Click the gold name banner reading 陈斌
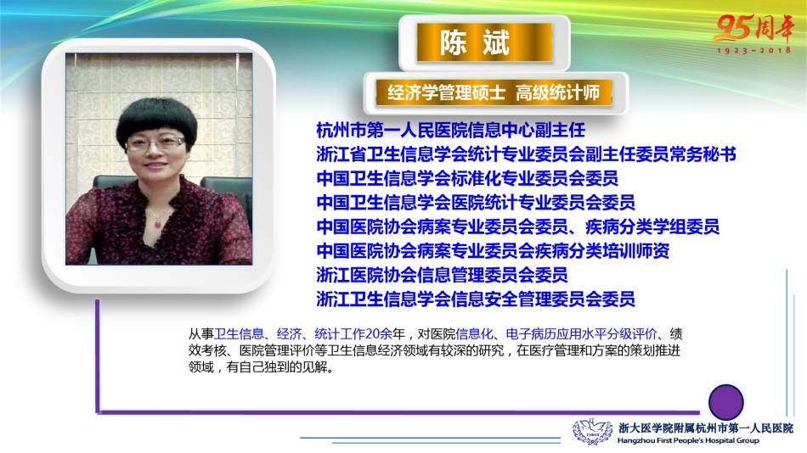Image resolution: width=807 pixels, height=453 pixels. click(x=484, y=42)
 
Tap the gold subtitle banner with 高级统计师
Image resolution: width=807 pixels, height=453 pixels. click(x=494, y=92)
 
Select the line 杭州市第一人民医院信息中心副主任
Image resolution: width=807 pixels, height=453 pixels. click(x=451, y=130)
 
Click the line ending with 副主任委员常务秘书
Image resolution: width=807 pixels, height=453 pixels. click(x=526, y=154)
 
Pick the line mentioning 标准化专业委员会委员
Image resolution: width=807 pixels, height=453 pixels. click(x=467, y=178)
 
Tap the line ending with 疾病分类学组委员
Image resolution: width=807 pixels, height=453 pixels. click(x=518, y=226)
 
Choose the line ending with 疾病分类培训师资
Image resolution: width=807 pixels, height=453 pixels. click(x=493, y=250)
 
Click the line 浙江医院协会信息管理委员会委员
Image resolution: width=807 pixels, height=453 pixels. click(x=442, y=275)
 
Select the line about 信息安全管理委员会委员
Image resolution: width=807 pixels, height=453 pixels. click(x=476, y=299)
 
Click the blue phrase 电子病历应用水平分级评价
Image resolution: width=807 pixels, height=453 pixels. click(x=582, y=334)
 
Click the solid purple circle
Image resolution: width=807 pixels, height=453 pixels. click(x=725, y=402)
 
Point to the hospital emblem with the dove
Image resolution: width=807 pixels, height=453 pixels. click(x=592, y=432)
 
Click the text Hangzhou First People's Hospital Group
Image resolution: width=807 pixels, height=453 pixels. click(x=688, y=440)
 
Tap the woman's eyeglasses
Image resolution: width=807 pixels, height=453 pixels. click(x=155, y=143)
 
